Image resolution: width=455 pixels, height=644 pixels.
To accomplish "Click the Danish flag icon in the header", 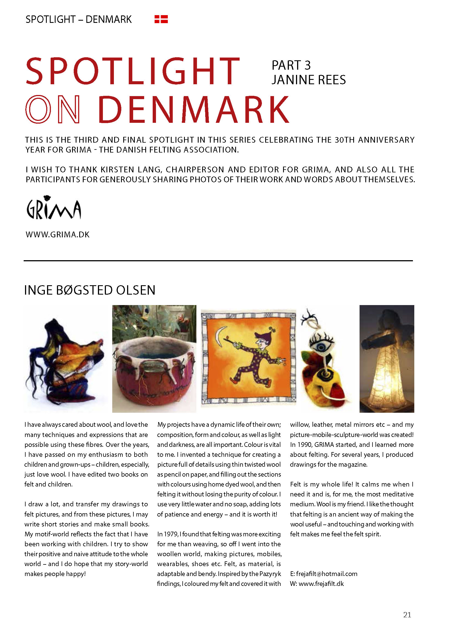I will pyautogui.click(x=161, y=19).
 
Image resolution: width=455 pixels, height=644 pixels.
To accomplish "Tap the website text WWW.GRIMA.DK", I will pyautogui.click(x=57, y=235).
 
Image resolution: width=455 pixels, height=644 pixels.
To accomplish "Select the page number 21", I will pyautogui.click(x=407, y=615).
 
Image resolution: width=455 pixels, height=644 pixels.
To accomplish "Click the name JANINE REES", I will pyautogui.click(x=308, y=80).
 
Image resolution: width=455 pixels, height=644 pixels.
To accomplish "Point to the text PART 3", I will pyautogui.click(x=291, y=65).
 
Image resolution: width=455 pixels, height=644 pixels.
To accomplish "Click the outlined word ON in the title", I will pyautogui.click(x=53, y=109).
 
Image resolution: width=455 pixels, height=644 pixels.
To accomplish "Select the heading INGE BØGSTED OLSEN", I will pyautogui.click(x=90, y=290).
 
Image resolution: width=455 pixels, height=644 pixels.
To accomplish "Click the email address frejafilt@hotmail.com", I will pyautogui.click(x=327, y=574).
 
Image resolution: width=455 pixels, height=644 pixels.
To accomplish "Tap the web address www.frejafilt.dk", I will pyautogui.click(x=321, y=583).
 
